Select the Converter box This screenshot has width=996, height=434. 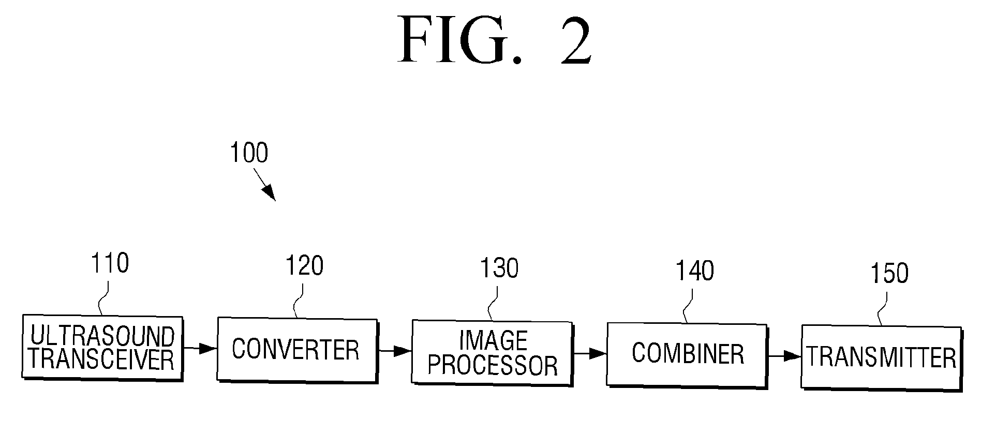point(296,350)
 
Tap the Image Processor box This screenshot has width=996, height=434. point(492,352)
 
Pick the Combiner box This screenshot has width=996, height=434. point(687,354)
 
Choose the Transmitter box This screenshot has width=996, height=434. point(881,357)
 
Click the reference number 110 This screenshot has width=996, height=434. point(110,264)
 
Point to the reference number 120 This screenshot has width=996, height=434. point(305,266)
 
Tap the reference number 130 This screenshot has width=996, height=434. point(499,268)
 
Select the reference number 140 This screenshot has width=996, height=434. point(695,271)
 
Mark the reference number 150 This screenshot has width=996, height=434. point(889,274)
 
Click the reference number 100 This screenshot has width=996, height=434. point(249,153)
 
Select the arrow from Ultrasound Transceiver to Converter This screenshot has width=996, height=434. point(200,349)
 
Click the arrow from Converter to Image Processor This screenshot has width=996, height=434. point(394,351)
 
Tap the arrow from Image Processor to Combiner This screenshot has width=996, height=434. point(589,354)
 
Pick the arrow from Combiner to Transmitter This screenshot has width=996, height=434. point(784,356)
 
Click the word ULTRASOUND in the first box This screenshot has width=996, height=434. point(102,337)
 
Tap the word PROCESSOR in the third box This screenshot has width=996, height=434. point(492,365)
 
